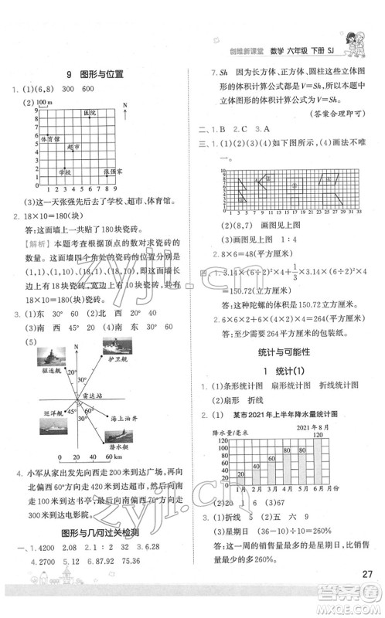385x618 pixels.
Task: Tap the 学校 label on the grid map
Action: click(66, 171)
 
